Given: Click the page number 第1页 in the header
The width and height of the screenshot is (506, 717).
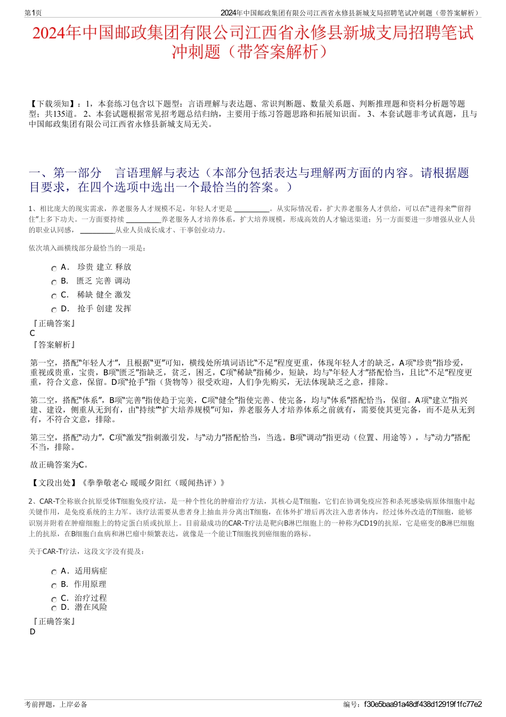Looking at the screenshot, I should pyautogui.click(x=34, y=13).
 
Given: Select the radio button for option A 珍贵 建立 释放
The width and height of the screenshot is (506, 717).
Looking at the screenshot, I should pyautogui.click(x=54, y=269).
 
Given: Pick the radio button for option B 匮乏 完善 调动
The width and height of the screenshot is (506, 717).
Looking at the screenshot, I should pyautogui.click(x=54, y=283).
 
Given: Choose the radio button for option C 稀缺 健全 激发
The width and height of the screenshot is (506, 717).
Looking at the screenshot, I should pyautogui.click(x=54, y=296).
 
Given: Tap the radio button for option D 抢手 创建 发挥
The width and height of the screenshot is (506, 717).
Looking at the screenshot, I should pyautogui.click(x=54, y=310).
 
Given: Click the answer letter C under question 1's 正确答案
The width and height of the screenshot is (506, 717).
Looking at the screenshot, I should pyautogui.click(x=32, y=333).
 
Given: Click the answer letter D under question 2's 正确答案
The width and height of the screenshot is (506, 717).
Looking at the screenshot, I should pyautogui.click(x=32, y=632).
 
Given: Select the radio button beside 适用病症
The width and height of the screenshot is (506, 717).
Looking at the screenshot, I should pyautogui.click(x=54, y=573).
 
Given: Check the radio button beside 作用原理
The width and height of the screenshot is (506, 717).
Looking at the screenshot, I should pyautogui.click(x=54, y=586).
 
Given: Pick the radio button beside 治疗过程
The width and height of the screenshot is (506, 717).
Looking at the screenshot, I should pyautogui.click(x=54, y=600).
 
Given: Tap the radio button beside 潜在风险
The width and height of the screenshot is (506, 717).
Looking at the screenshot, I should pyautogui.click(x=54, y=608).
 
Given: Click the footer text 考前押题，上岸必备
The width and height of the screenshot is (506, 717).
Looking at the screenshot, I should pyautogui.click(x=56, y=704).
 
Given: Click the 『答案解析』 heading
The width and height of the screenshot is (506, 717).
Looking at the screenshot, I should pyautogui.click(x=54, y=345).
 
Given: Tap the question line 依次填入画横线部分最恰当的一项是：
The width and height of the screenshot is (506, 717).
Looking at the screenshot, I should pyautogui.click(x=87, y=248).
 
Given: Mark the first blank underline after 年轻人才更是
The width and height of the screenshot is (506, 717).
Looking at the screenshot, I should pyautogui.click(x=251, y=210).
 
